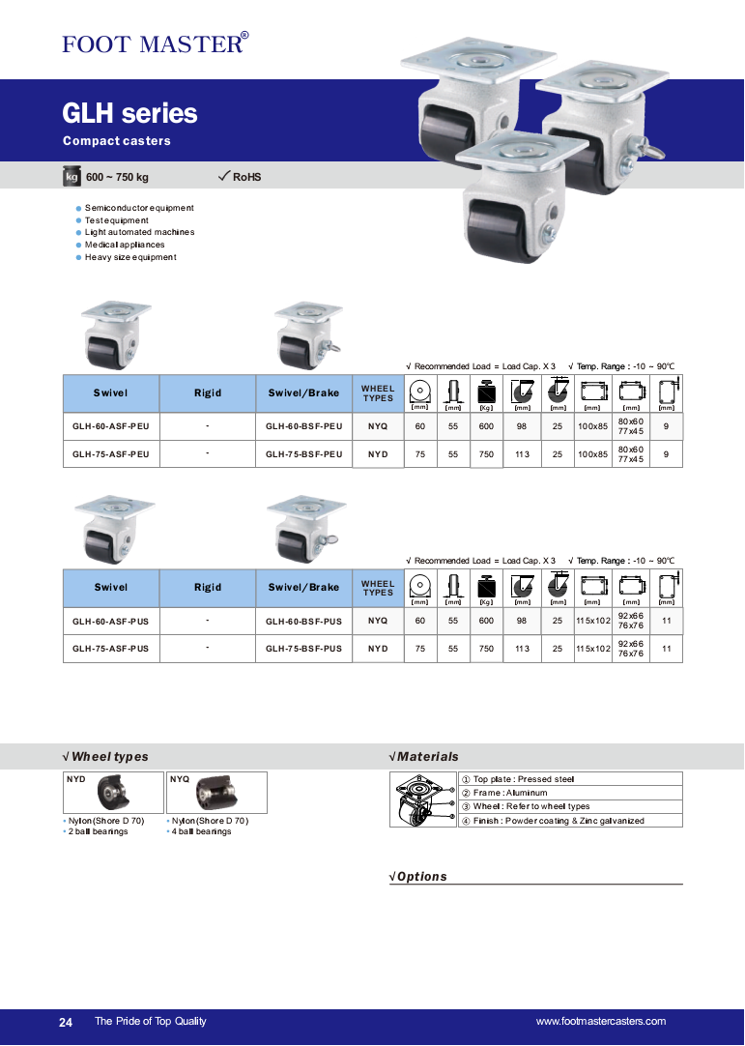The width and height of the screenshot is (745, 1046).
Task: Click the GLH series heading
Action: (x=129, y=114)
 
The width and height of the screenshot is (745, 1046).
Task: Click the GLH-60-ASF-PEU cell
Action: (x=111, y=426)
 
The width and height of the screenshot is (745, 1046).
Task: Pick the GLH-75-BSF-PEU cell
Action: (x=304, y=453)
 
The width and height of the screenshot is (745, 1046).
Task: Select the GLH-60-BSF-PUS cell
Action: (x=304, y=621)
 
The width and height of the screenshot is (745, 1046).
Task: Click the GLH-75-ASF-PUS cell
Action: (x=111, y=648)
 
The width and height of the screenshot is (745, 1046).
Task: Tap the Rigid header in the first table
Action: (x=208, y=392)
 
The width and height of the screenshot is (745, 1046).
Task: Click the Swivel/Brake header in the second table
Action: (x=304, y=587)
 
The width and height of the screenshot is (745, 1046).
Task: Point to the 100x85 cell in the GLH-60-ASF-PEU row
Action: (x=592, y=426)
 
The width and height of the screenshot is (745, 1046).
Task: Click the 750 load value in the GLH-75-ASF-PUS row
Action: (x=486, y=648)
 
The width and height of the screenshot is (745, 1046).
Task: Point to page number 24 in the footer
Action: (x=66, y=1022)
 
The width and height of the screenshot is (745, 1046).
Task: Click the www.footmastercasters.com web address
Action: (x=600, y=1022)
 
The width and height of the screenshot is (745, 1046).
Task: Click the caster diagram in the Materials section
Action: (x=422, y=799)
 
